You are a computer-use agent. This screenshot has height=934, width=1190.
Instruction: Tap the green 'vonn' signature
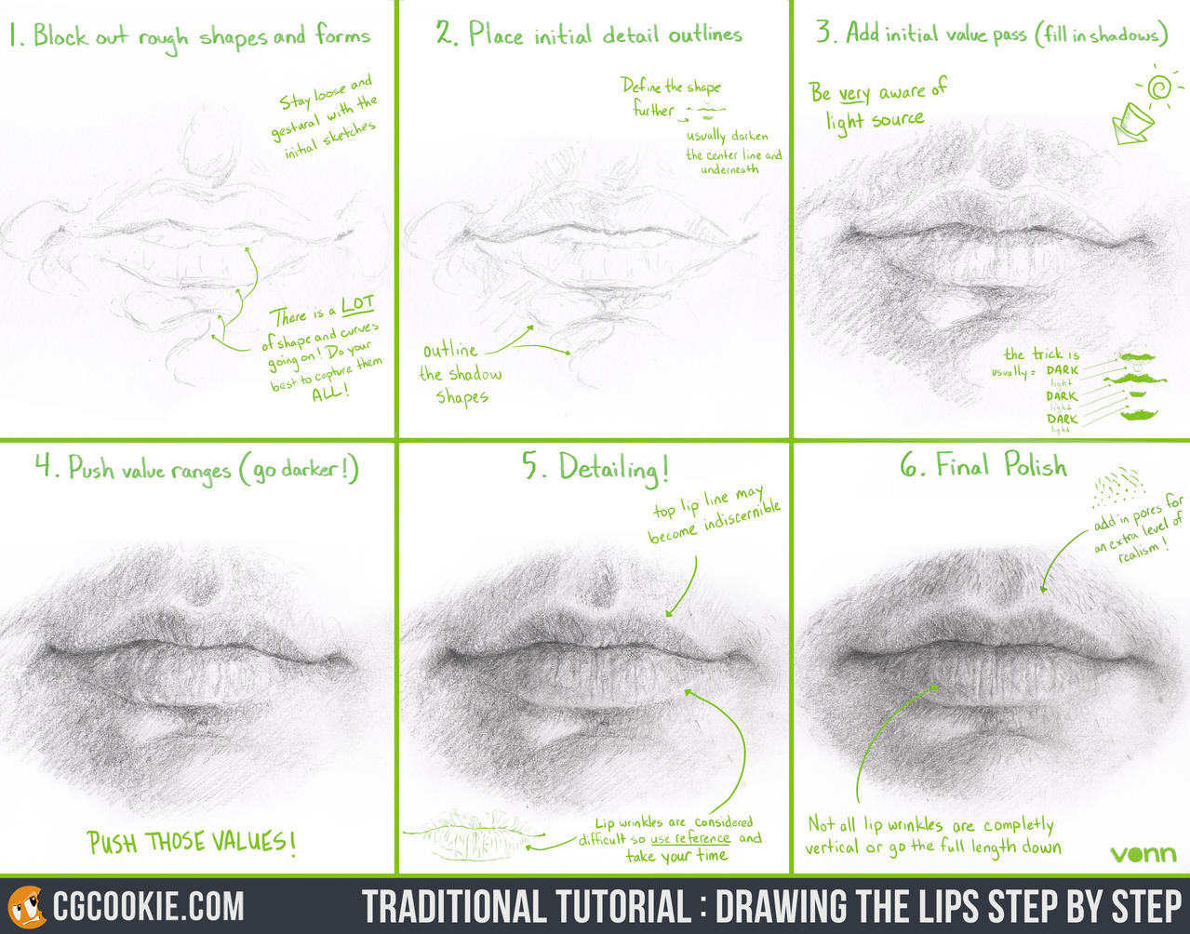coord(1143,854)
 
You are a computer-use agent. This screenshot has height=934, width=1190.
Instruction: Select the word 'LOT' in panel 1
coord(357,305)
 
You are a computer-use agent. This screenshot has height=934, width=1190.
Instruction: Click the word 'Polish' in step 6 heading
coord(1035,464)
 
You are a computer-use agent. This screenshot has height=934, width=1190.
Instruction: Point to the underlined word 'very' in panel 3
coord(854,94)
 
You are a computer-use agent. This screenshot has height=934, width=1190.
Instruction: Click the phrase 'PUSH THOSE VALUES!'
coord(192,843)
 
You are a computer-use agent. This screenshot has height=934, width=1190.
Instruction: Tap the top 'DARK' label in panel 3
coord(1062,370)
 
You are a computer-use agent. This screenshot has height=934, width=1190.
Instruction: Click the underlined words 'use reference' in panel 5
coord(689,838)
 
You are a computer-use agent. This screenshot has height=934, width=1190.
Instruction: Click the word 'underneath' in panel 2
coord(729,169)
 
